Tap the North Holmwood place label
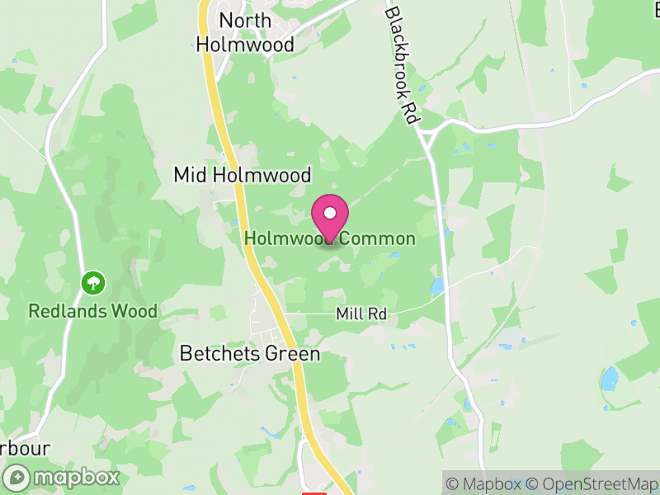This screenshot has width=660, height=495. [x=246, y=32]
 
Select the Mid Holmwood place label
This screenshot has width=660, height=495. [x=242, y=175]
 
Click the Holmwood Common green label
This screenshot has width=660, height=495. [x=330, y=238]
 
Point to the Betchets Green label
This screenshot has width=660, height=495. [x=249, y=354]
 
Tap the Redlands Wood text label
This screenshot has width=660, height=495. [x=92, y=311]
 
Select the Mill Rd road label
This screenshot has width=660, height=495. [x=361, y=314]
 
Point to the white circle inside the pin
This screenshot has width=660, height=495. [x=330, y=214]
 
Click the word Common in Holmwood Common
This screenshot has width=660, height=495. [x=380, y=238]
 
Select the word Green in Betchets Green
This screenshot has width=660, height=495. [x=290, y=354]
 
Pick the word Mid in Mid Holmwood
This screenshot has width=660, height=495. [x=190, y=175]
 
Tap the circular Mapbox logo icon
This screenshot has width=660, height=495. [x=16, y=477]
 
